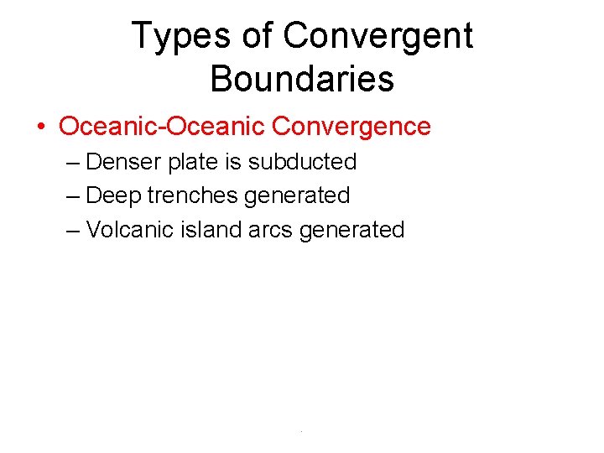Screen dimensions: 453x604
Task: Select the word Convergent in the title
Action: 378,36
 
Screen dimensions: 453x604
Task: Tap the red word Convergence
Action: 351,127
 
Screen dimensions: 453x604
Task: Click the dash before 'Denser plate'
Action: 73,162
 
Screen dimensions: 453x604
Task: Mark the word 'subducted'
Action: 302,161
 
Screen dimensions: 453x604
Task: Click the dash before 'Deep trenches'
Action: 73,196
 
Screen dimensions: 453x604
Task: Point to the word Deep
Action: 113,196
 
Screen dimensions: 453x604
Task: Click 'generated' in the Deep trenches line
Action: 297,196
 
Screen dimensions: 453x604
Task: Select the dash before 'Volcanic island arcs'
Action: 73,231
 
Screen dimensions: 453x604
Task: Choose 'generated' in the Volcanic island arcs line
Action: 352,231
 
